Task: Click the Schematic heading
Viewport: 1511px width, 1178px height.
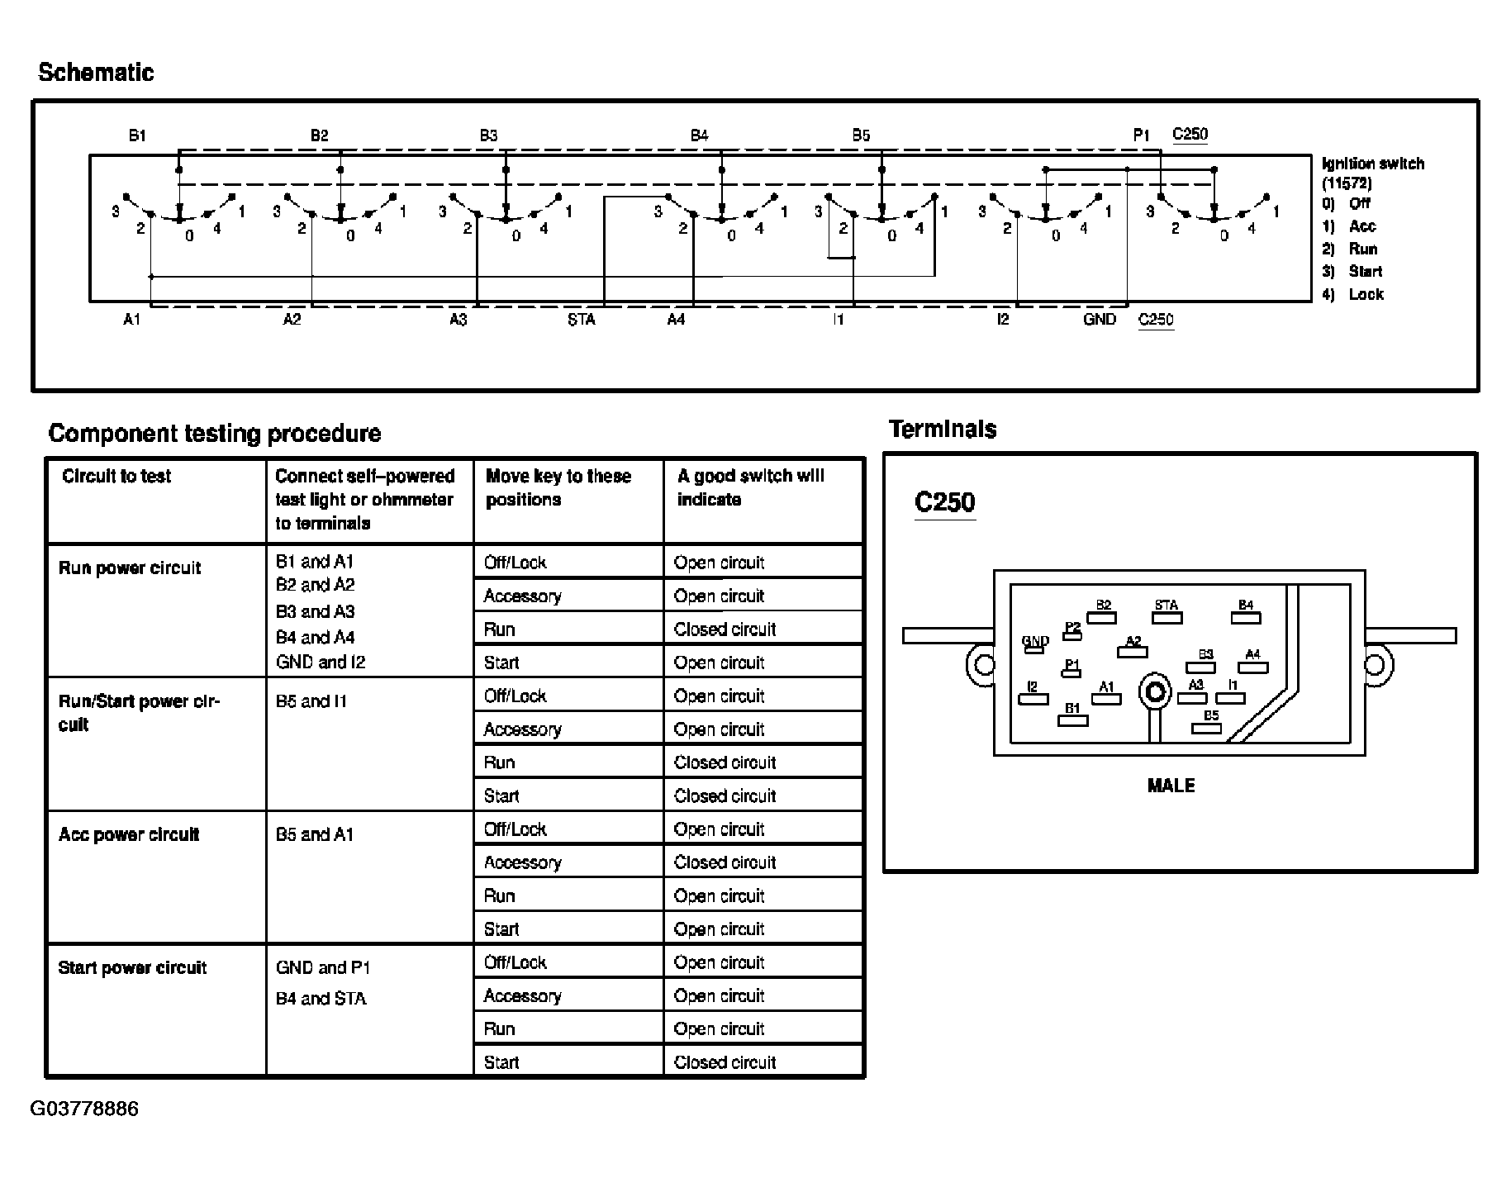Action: pos(96,73)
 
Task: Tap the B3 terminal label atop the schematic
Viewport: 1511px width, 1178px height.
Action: pos(488,135)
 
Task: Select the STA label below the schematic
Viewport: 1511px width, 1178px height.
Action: pos(581,320)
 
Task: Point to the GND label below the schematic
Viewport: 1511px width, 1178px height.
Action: pos(1099,320)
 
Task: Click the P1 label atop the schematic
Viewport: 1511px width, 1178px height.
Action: pos(1141,135)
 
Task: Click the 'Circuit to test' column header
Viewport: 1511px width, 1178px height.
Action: pos(116,476)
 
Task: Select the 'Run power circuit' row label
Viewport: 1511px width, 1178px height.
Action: pos(130,568)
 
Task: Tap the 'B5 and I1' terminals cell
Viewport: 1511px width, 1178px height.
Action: pos(311,701)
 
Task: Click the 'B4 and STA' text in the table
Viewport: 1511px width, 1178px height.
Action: pos(321,999)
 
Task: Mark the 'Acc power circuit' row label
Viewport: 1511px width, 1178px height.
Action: pos(129,834)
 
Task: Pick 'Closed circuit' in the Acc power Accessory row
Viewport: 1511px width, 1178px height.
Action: pos(725,862)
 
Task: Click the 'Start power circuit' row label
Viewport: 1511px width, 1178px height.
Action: pos(132,967)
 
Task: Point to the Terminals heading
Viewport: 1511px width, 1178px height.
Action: pos(943,430)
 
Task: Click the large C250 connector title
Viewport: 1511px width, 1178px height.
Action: pos(945,502)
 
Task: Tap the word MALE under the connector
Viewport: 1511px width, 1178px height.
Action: pos(1171,786)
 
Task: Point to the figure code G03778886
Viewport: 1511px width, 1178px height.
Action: pos(84,1109)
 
